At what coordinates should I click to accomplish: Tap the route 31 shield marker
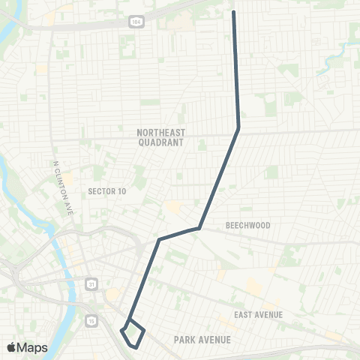[x=91, y=284]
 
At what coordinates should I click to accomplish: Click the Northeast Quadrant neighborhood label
[x=160, y=136]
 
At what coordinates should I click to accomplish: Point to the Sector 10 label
[x=106, y=191]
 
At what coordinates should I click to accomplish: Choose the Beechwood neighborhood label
[x=247, y=225]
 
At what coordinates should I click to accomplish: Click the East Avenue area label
[x=258, y=315]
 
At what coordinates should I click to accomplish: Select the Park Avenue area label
[x=201, y=340]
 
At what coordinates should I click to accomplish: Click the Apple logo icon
[x=12, y=347]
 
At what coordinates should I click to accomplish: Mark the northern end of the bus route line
[x=234, y=12]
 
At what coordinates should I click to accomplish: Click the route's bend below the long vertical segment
[x=238, y=128]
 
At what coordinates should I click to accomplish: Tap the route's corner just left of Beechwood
[x=199, y=228]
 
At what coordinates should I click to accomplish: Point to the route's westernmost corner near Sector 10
[x=159, y=240]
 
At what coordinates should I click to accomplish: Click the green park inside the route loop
[x=133, y=331]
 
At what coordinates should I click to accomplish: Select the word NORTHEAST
[x=160, y=132]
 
